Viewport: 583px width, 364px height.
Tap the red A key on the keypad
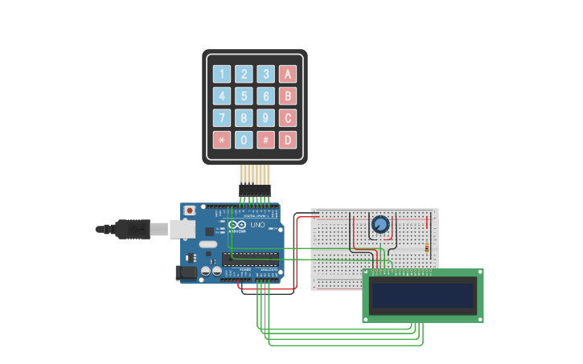tap(287, 75)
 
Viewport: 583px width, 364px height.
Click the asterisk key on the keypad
tap(221, 140)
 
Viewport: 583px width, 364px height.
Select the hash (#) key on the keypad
tap(265, 140)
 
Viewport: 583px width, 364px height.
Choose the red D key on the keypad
tap(287, 140)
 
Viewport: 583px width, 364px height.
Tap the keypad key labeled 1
tap(221, 75)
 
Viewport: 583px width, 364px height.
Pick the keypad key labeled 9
tap(265, 118)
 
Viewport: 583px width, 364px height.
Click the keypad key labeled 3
tap(265, 75)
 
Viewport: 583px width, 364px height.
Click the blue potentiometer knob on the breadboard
tap(380, 224)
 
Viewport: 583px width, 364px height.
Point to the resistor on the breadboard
tap(426, 247)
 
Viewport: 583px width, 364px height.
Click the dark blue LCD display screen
tap(423, 296)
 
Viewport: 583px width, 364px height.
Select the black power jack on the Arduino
tap(187, 272)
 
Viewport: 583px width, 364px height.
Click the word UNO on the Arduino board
tap(257, 225)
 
